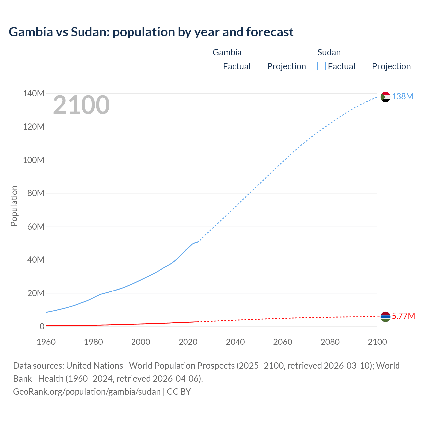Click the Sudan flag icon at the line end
pos(385,97)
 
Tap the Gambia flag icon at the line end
pos(385,317)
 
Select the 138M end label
pos(402,96)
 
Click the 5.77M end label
pos(403,316)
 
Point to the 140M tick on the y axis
pos(33,93)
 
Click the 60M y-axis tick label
pos(36,227)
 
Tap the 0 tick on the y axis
pos(42,326)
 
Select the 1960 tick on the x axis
pos(46,342)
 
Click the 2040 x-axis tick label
pos(235,342)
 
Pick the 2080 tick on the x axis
pos(330,342)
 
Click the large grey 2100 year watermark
pos(81,105)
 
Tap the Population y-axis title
pos(14,206)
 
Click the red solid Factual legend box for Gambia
pos(217,66)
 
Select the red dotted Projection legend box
pos(261,66)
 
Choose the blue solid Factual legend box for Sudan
pos(321,66)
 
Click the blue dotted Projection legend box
pos(366,66)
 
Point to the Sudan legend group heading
pos(329,52)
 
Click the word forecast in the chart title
pos(270,32)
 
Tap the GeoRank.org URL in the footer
pos(87,391)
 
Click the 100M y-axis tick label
pos(33,160)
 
